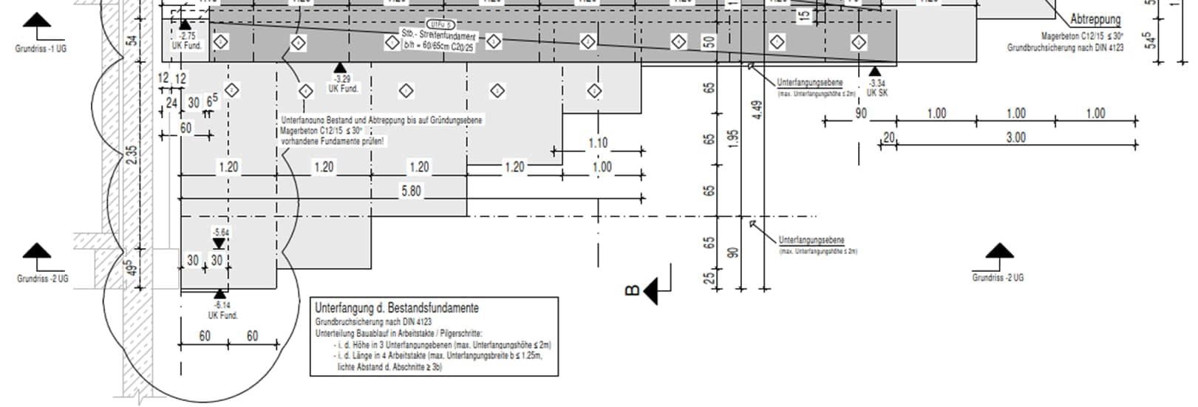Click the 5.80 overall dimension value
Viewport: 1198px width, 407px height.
tap(411, 191)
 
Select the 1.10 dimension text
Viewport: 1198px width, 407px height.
tap(597, 143)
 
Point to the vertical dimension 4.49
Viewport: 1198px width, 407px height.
tap(756, 110)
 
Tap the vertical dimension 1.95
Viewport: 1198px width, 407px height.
tap(732, 138)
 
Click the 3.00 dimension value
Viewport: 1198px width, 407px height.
tap(1015, 137)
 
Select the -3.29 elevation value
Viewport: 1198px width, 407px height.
tap(342, 79)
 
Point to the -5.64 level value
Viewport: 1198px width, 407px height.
tap(220, 233)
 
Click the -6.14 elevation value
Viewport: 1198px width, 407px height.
tap(222, 305)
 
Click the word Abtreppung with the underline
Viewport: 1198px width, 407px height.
tap(1095, 20)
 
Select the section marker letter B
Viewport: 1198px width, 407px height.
tap(632, 290)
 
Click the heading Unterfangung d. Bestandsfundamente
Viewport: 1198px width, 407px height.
tap(396, 307)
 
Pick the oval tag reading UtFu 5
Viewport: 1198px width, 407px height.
tap(440, 24)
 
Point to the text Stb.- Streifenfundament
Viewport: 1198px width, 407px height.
tap(439, 35)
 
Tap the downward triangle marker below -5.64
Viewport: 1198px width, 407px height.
tap(219, 244)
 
